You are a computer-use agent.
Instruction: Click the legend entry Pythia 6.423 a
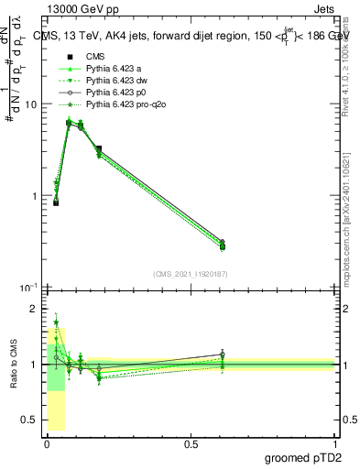pyautogui.click(x=114, y=68)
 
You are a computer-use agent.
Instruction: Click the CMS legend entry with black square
pyautogui.click(x=96, y=55)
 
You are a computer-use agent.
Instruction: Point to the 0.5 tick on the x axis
pyautogui.click(x=191, y=442)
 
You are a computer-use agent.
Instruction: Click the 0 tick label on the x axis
pyautogui.click(x=46, y=442)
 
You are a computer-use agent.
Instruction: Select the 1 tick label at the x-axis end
pyautogui.click(x=335, y=442)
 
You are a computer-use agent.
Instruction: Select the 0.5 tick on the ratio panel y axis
pyautogui.click(x=30, y=420)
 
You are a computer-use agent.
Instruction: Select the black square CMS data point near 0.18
pyautogui.click(x=98, y=148)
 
